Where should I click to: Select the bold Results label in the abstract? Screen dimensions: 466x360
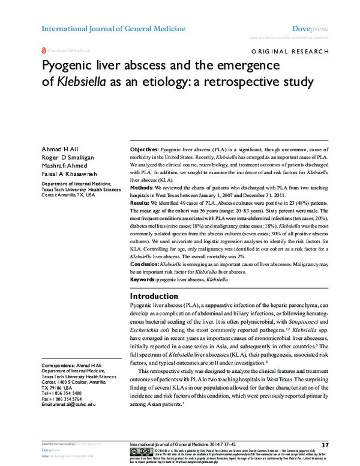(x=142, y=204)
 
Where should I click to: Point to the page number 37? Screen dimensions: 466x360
(x=325, y=444)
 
